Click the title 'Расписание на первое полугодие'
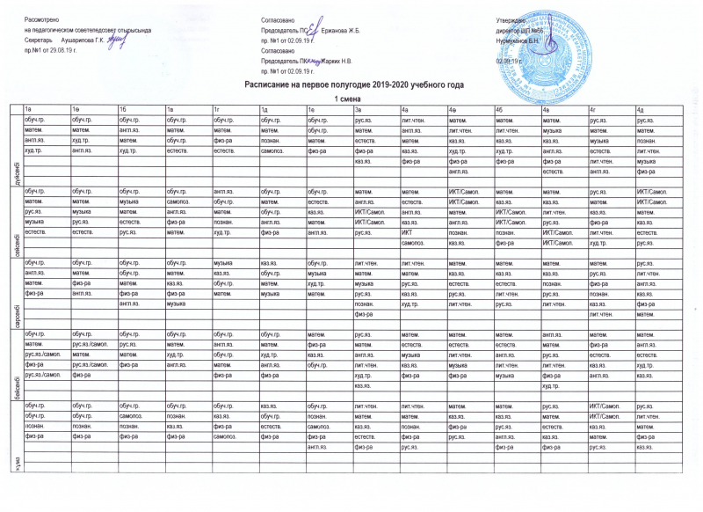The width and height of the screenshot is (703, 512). click(352, 84)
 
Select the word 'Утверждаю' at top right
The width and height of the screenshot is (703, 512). click(511, 18)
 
